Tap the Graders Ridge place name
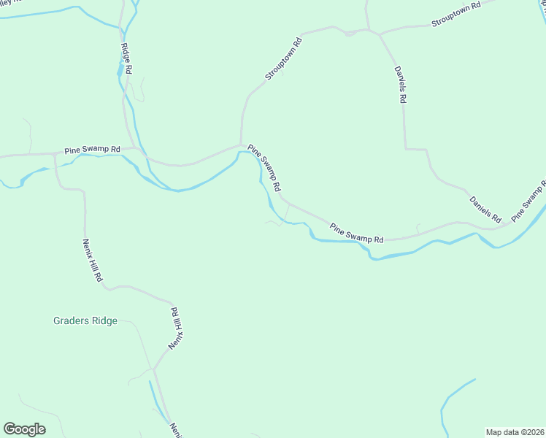pyautogui.click(x=86, y=320)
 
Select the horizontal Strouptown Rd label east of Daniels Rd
pyautogui.click(x=456, y=15)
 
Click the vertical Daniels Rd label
pyautogui.click(x=400, y=85)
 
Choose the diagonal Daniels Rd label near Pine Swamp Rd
pyautogui.click(x=485, y=209)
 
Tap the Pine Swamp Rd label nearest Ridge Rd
pyautogui.click(x=92, y=150)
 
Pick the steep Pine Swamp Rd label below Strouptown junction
pyautogui.click(x=264, y=167)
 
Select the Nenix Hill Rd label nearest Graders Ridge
pyautogui.click(x=175, y=329)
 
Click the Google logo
pyautogui.click(x=24, y=429)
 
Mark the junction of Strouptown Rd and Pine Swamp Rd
pyautogui.click(x=241, y=145)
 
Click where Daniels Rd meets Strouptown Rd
pyautogui.click(x=378, y=34)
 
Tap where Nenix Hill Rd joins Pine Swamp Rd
pyautogui.click(x=55, y=154)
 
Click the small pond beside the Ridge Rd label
pyautogui.click(x=119, y=72)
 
